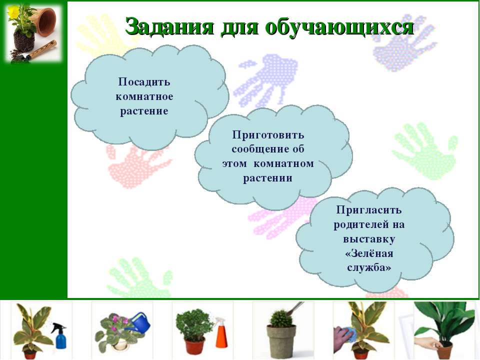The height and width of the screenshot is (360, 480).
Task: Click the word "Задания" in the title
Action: point(169,26)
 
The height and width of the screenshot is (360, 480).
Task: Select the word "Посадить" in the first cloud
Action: point(144,82)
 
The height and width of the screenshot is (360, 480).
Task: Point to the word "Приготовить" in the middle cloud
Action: point(268,135)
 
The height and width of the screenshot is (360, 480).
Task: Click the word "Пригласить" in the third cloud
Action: point(369,210)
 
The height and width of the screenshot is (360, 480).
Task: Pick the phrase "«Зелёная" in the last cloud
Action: point(369,253)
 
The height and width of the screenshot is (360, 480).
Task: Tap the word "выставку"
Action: point(369,239)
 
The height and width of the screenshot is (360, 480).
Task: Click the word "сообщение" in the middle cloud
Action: point(259,149)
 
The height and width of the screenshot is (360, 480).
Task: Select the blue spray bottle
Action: point(59,335)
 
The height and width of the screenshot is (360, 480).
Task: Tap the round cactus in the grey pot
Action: point(280,318)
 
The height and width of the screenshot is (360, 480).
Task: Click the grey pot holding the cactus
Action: point(281,341)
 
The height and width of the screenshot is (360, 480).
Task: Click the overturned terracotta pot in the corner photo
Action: point(46,22)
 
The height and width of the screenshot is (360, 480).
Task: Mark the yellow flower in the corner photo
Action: point(13,12)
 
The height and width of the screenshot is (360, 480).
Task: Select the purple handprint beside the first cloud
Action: point(264,80)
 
